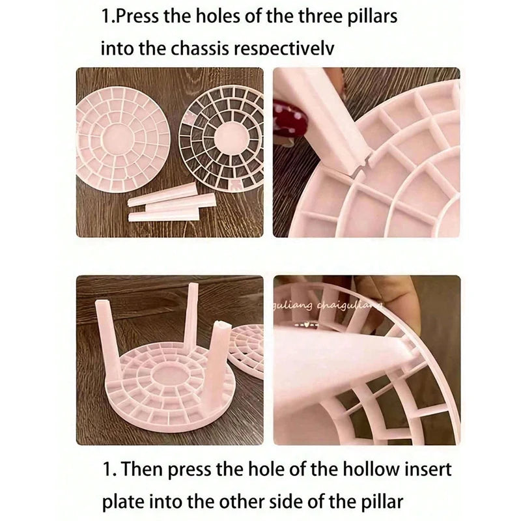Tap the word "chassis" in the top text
195,48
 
